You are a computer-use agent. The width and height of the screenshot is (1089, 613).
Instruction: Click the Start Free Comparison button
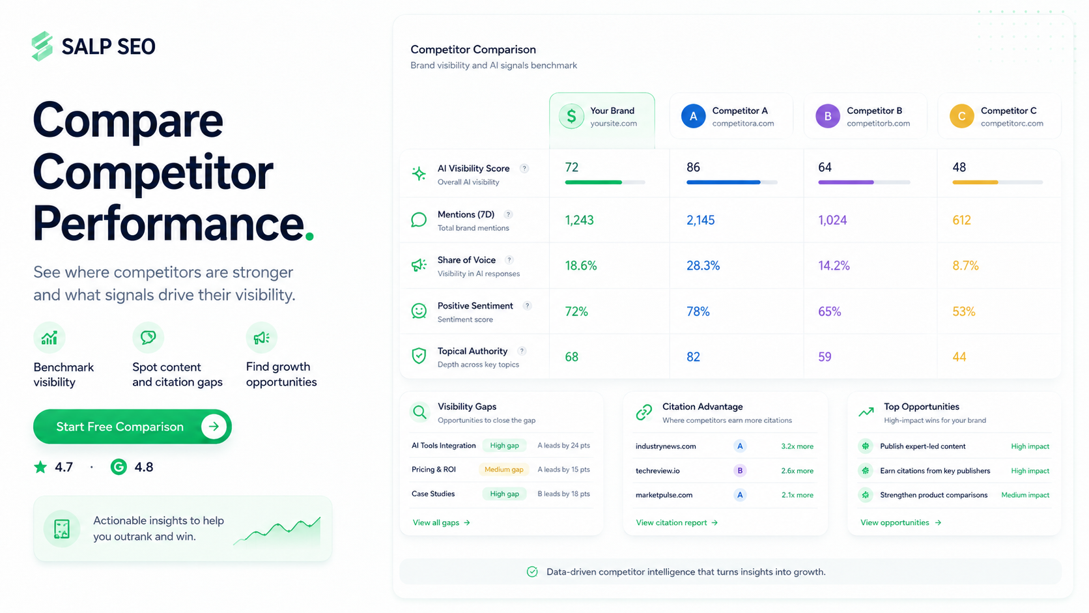[132, 426]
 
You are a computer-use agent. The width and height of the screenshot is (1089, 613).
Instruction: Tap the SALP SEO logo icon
[42, 46]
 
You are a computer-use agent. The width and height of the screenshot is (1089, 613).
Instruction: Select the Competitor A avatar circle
[693, 116]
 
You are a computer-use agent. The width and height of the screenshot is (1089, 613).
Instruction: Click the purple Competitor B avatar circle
[827, 116]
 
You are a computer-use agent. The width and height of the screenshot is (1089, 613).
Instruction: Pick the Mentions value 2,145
[701, 220]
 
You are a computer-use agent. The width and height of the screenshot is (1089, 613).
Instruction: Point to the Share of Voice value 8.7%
[965, 266]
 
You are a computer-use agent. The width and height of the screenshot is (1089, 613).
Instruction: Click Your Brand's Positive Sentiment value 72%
[576, 311]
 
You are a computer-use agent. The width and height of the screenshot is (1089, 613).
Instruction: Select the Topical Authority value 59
[825, 357]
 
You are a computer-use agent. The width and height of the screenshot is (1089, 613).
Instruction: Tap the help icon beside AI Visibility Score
[524, 169]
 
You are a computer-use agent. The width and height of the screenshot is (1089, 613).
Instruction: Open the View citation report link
[677, 522]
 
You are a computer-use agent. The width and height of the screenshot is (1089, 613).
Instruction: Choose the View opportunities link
[901, 522]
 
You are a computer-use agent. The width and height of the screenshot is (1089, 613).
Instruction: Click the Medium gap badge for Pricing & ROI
[503, 470]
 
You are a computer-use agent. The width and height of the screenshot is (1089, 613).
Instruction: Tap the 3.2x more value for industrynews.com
[797, 446]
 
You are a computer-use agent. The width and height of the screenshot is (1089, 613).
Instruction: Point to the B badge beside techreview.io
[740, 470]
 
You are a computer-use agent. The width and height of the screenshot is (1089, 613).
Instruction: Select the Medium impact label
[1025, 495]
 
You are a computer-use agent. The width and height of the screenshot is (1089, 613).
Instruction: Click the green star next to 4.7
[40, 467]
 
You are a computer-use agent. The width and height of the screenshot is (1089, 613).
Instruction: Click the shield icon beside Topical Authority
[419, 356]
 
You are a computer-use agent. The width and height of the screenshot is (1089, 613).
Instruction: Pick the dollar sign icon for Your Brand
[571, 116]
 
